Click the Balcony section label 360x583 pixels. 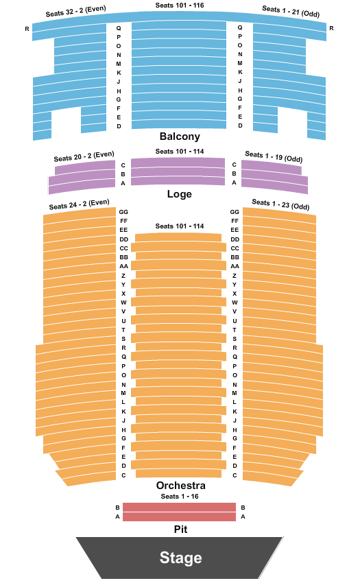[x=180, y=136]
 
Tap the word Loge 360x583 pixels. [x=179, y=193]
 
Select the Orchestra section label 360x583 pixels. [x=181, y=485]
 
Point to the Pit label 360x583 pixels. [x=181, y=529]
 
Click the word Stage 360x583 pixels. [x=181, y=558]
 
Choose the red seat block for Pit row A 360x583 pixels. [x=179, y=517]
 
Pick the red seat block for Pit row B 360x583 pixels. [x=179, y=507]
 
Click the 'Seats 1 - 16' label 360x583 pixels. [x=180, y=497]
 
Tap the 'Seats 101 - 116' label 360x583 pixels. [x=180, y=5]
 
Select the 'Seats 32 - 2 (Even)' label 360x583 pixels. [x=76, y=11]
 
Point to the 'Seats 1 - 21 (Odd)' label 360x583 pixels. [x=291, y=11]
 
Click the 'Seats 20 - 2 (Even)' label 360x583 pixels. [x=84, y=156]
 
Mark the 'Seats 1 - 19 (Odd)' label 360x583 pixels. [x=274, y=156]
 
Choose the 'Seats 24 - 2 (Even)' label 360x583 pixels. [x=80, y=204]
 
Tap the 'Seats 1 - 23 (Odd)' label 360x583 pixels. [x=280, y=204]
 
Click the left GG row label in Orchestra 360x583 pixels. [x=123, y=212]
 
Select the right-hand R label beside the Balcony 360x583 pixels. [x=331, y=28]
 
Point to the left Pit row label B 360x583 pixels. [x=117, y=508]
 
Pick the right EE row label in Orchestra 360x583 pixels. [x=235, y=230]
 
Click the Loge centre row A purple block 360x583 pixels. [x=178, y=181]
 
